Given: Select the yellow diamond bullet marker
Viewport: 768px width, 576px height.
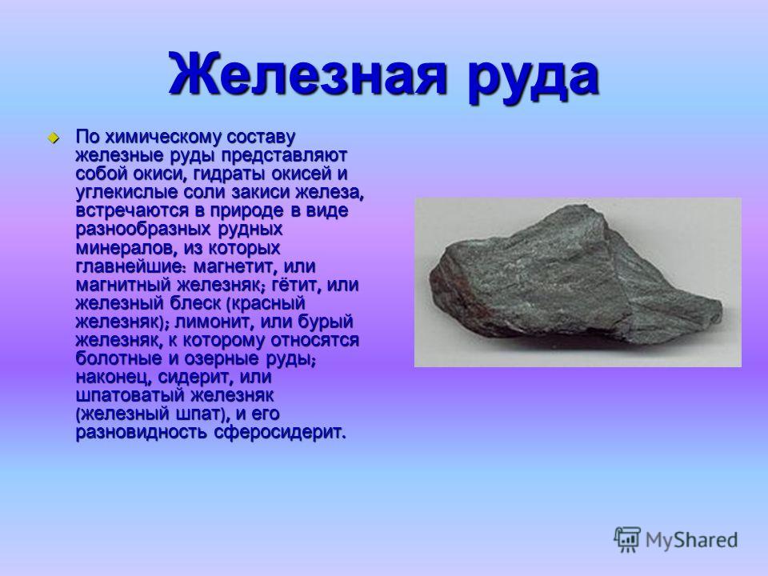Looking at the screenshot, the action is tap(53, 137).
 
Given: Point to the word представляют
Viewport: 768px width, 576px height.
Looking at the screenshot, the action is tap(285, 156).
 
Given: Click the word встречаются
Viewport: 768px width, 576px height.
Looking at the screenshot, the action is tap(132, 211).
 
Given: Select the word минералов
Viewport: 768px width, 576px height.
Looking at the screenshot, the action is tap(127, 248).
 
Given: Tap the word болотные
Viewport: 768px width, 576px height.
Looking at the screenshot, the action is tap(119, 358).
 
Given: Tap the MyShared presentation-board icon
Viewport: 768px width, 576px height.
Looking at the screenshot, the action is tap(627, 539).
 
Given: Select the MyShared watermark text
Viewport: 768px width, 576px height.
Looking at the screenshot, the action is tap(691, 540).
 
